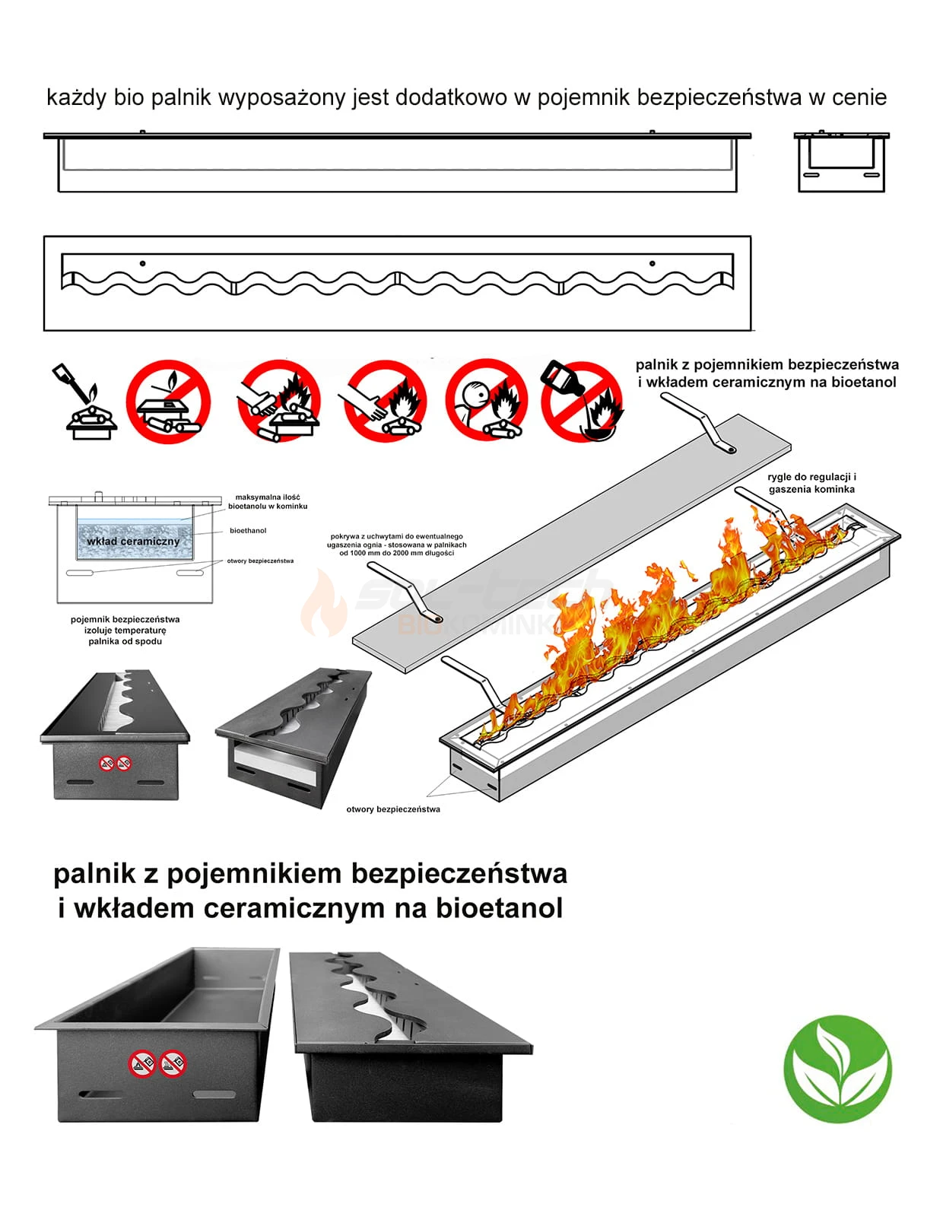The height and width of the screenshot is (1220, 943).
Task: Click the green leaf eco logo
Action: click(837, 1068)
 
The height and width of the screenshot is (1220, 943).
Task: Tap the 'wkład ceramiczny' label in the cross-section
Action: click(133, 541)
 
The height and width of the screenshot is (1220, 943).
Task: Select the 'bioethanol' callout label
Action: click(248, 531)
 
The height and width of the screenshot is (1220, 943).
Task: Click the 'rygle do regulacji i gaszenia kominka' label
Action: click(811, 483)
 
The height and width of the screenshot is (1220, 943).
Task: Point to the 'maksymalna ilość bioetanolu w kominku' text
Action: click(268, 501)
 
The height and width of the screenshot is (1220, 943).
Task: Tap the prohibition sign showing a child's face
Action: click(486, 401)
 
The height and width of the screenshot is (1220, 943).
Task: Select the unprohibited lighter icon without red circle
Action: click(85, 401)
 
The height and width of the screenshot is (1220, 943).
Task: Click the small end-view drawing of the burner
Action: click(841, 162)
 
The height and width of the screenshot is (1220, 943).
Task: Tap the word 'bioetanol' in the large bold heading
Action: click(499, 907)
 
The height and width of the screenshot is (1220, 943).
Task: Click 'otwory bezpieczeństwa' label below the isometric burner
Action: click(393, 809)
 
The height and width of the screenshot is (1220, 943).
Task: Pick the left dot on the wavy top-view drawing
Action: click(143, 263)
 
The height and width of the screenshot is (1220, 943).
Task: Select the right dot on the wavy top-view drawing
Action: click(652, 263)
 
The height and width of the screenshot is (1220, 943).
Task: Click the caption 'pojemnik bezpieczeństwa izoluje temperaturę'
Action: click(125, 630)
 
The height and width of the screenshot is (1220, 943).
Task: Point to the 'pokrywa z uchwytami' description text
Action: click(396, 545)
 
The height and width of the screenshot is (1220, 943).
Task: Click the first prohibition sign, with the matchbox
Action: click(167, 401)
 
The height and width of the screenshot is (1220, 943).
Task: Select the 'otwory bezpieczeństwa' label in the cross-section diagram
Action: click(260, 561)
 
